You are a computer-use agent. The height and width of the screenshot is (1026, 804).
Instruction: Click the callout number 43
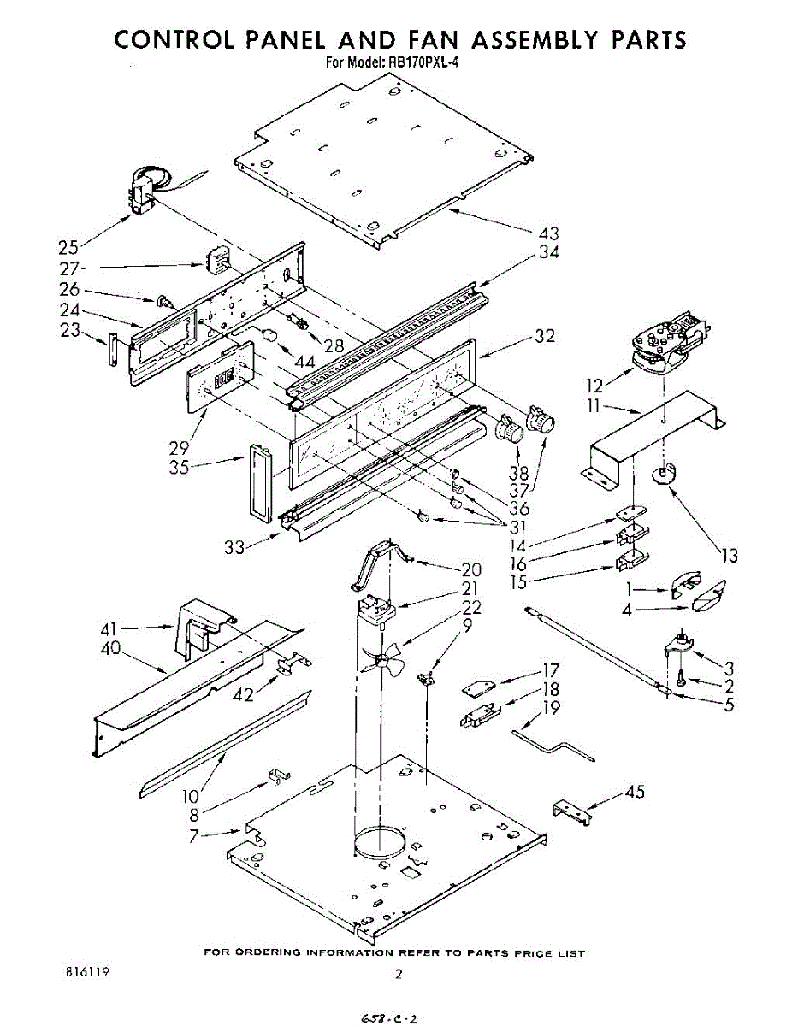549,233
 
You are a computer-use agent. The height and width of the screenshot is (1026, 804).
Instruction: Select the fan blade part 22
382,658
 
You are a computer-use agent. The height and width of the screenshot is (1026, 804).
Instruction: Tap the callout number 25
68,248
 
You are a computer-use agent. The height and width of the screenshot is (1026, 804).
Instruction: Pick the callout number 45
635,792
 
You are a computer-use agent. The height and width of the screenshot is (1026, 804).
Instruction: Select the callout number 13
729,557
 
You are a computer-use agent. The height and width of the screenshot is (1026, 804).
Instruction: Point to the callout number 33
235,548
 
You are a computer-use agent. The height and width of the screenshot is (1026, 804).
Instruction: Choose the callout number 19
552,707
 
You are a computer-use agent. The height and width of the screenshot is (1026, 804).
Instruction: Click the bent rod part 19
554,741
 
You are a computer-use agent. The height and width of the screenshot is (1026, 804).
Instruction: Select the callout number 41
133,628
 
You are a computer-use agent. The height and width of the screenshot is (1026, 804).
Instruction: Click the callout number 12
594,386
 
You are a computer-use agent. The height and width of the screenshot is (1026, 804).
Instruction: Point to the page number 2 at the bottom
398,974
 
